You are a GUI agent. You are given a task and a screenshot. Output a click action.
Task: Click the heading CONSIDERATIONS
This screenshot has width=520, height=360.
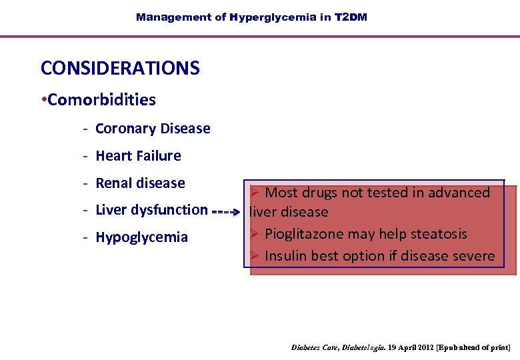point(120,68)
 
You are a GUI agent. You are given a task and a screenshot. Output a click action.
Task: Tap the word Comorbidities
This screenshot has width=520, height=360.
point(101,100)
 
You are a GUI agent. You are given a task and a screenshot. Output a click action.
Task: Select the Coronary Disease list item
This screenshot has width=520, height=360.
point(153,129)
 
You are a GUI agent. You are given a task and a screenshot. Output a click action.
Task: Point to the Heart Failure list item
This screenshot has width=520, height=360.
point(138,156)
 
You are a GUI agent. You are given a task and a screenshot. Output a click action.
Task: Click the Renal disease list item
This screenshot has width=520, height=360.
point(140,183)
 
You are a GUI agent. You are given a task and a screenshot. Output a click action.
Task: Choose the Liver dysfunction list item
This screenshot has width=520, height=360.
point(151,210)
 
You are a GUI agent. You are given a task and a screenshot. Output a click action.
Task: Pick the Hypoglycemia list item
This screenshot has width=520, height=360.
point(141,237)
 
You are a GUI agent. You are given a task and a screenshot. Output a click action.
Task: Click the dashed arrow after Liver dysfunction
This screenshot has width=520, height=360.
point(227,215)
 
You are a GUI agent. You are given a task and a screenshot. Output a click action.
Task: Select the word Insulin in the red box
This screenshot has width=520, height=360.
point(287,256)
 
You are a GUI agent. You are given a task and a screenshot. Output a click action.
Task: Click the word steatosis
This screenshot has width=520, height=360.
point(437,234)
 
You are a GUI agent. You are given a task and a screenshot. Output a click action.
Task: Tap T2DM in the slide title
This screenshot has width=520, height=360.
point(350,17)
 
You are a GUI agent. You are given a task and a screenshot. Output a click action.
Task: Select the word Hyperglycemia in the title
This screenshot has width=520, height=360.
point(273,17)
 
